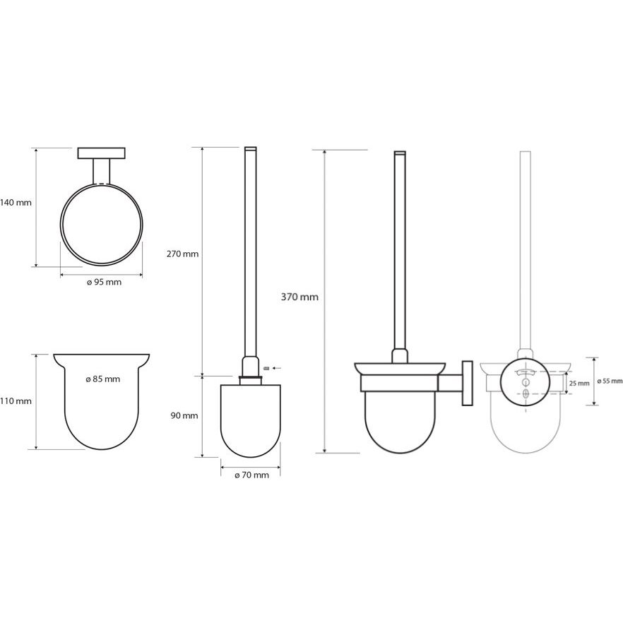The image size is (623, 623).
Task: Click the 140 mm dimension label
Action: click(16, 203)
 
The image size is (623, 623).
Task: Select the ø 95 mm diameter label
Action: click(104, 283)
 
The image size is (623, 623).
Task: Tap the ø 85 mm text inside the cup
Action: click(102, 379)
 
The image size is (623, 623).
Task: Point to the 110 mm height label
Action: click(16, 401)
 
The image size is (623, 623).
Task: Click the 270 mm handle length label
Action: click(182, 254)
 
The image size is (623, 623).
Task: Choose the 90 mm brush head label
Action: click(184, 416)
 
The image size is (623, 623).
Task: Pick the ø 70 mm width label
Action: click(251, 475)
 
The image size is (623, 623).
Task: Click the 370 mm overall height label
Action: click(299, 297)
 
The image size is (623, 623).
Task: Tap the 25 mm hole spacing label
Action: click(579, 384)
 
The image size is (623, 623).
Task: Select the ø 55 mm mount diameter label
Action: click(610, 381)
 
